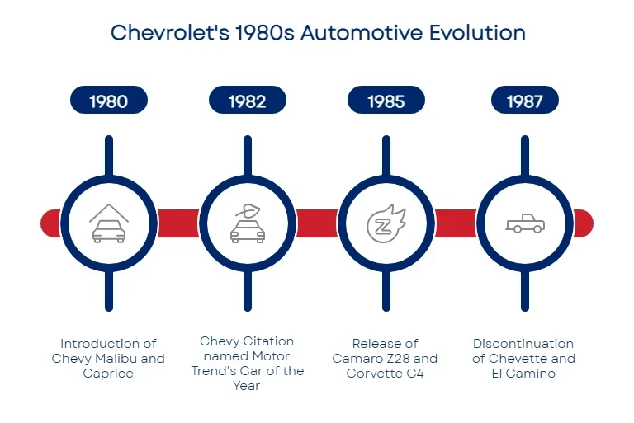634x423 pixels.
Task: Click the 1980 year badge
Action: tap(109, 100)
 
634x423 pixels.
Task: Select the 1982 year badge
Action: tap(248, 100)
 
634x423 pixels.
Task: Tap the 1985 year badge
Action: tap(386, 100)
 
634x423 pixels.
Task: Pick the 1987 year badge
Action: tap(525, 100)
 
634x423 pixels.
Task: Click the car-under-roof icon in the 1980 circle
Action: tap(109, 223)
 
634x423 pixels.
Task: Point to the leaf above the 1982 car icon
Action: tap(248, 211)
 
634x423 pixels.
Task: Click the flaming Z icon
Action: tap(386, 223)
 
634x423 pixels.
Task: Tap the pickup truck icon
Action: tap(525, 223)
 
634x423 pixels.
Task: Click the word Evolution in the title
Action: tap(477, 33)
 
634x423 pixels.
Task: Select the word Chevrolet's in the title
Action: tap(170, 33)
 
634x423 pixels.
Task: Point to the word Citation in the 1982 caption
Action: tap(270, 341)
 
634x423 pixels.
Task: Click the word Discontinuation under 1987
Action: tap(523, 344)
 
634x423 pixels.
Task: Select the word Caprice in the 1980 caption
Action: tap(108, 374)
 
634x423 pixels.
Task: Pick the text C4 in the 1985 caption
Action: tap(415, 374)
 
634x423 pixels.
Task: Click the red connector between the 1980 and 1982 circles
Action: tap(178, 223)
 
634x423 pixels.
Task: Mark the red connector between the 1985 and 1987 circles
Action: tap(456, 223)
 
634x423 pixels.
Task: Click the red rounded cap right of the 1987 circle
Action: tap(583, 223)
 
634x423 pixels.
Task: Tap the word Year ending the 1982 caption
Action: tap(247, 386)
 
